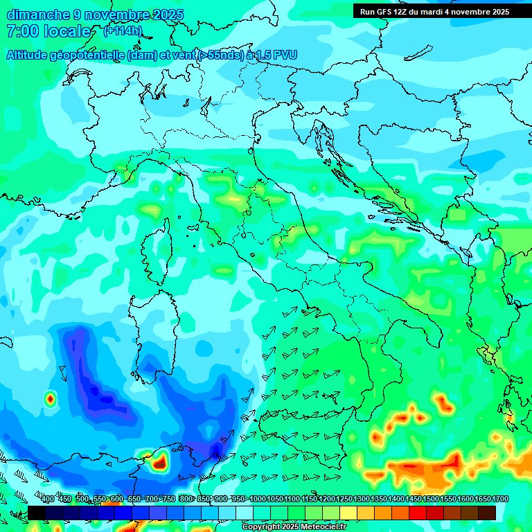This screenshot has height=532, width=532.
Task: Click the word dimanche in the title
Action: (37, 15)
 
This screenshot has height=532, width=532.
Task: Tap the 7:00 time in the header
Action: (21, 31)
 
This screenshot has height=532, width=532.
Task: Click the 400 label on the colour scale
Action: (48, 499)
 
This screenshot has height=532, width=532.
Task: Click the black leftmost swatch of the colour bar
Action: (37, 513)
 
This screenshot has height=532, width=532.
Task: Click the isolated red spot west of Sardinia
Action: (50, 398)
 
